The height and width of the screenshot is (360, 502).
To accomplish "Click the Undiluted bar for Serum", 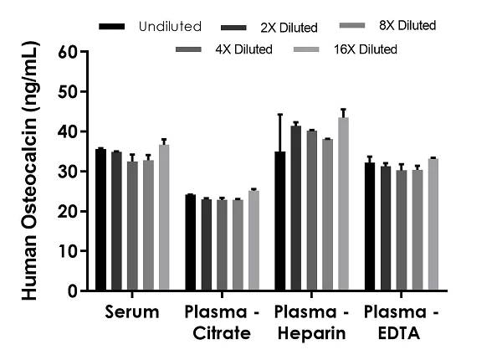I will [x=100, y=219].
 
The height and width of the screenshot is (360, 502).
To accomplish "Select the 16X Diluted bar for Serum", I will [x=164, y=218].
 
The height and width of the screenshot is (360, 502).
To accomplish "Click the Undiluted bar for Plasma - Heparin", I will [x=279, y=221].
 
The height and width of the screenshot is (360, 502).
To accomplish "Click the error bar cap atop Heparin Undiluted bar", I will [x=279, y=114].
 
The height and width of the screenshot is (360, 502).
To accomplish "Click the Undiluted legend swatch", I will [x=111, y=27].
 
